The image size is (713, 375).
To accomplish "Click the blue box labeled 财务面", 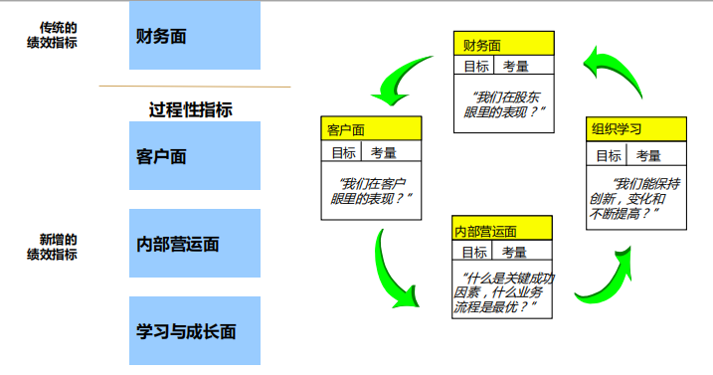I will [195, 37].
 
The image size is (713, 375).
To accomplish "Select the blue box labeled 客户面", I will [195, 156].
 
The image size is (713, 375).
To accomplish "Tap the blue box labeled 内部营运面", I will [195, 244].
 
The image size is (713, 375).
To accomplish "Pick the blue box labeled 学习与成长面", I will [195, 331].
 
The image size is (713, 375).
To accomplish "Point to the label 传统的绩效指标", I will [52, 35].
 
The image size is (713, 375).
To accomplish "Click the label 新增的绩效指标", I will [52, 247].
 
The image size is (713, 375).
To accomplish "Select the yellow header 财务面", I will [504, 46].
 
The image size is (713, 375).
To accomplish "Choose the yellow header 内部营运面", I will [502, 232].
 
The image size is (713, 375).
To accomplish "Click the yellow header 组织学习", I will [636, 129].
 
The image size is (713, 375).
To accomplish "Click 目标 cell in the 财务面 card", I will [476, 67].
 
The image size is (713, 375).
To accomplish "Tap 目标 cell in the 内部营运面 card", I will [474, 253].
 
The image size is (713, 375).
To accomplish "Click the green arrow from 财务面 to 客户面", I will [399, 79].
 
